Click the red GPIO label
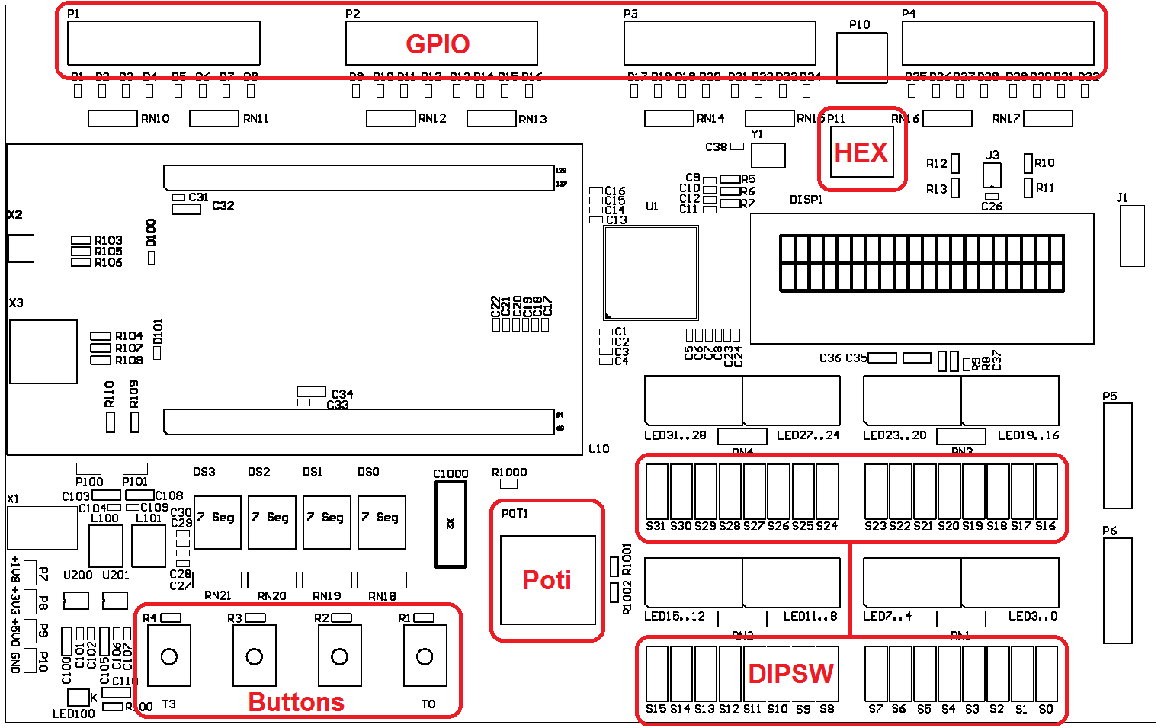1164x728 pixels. pos(438,44)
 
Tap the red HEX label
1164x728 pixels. pos(861,152)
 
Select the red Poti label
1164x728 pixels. pos(547,580)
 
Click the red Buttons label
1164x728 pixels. pos(296,702)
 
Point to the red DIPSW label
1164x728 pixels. pos(790,674)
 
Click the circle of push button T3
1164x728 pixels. pos(169,656)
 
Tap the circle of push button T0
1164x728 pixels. pos(425,656)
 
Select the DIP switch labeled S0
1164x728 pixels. pos(1046,674)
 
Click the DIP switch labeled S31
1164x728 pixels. pos(656,492)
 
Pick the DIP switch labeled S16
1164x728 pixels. pos(1046,492)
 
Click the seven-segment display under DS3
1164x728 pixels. pos(218,522)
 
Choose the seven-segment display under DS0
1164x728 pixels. pos(382,522)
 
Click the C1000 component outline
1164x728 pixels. pos(451,525)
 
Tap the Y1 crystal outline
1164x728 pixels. pos(768,156)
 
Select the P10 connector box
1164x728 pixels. pos(861,57)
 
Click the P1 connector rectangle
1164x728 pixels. pos(164,43)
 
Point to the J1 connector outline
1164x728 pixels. pos(1132,236)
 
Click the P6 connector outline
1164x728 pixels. pos(1118,591)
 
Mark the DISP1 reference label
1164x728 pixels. pos(806,200)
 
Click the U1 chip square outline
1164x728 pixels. pos(651,272)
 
